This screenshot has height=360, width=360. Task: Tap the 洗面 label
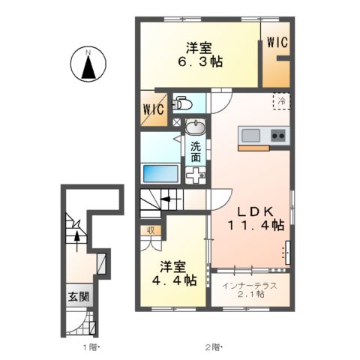point(195,152)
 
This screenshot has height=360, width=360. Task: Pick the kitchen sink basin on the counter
point(250,135)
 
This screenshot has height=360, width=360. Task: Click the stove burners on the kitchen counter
point(277,136)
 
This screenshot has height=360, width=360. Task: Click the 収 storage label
point(151,230)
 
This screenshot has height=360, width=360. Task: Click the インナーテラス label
point(247,284)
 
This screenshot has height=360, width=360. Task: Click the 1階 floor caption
point(89,347)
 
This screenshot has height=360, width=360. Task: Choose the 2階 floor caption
point(214,347)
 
